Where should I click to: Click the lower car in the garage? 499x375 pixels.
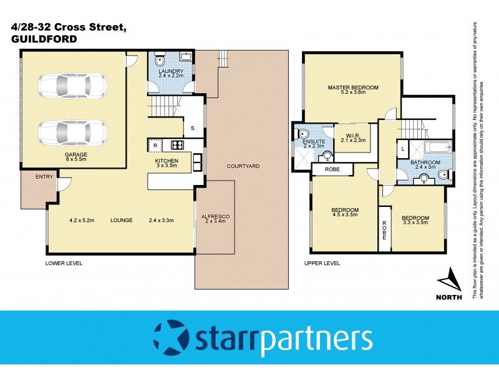point(72,132)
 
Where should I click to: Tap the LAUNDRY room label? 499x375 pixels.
point(170,72)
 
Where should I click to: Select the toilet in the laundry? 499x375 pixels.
point(160,61)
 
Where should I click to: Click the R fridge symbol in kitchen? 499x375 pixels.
point(155,146)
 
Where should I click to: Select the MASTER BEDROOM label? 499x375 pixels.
point(353,87)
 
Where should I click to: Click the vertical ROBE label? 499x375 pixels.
point(384,232)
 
